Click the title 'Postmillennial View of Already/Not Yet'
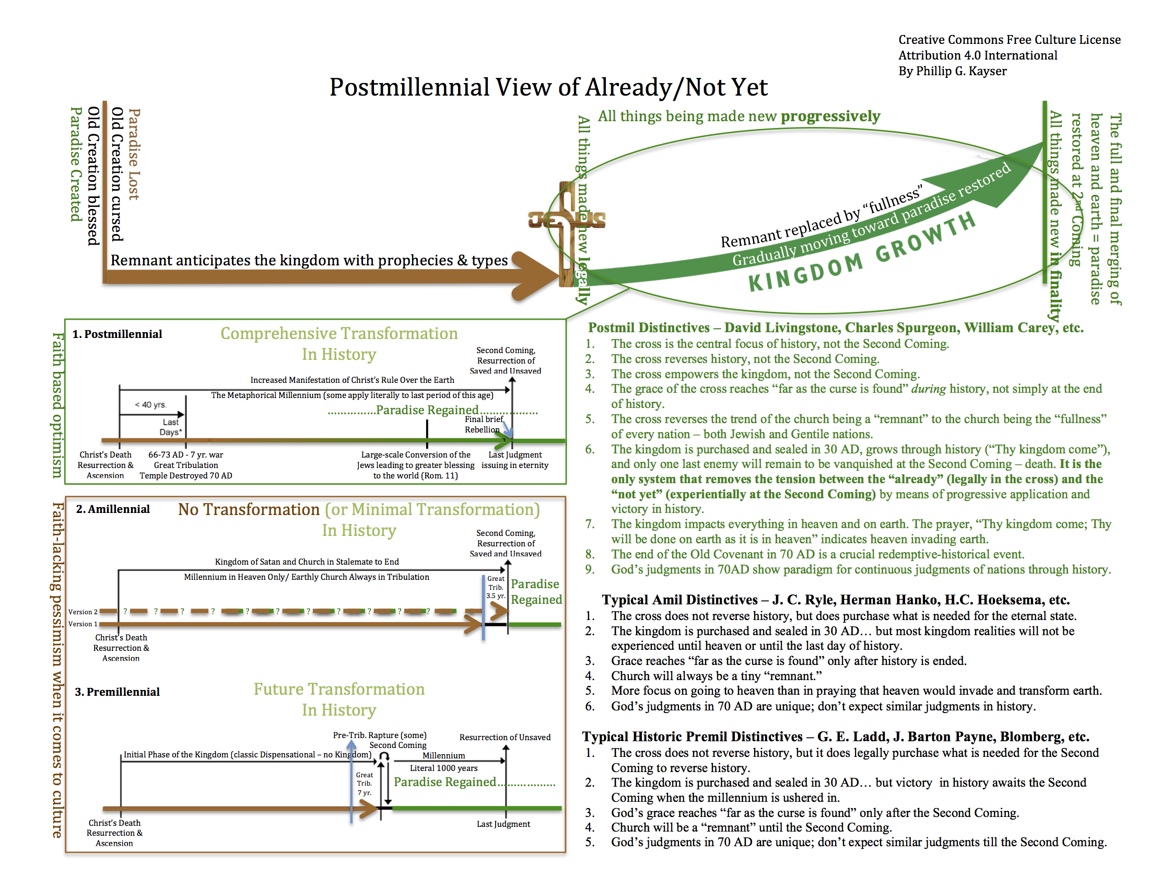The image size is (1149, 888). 548,87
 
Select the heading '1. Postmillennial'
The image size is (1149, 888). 118,335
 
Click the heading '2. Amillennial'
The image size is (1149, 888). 113,509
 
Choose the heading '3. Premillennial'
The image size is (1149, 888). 118,692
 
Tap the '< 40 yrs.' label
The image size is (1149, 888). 150,404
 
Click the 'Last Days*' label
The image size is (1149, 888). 170,427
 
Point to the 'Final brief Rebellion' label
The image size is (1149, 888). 483,425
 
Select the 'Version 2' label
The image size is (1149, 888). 83,612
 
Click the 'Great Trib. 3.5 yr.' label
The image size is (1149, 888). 495,587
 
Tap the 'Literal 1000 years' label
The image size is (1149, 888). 443,768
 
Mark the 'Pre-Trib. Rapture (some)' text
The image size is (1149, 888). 379,735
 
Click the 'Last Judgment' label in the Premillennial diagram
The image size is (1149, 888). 503,824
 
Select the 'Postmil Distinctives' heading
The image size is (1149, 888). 648,328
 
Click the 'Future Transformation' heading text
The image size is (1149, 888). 339,689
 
